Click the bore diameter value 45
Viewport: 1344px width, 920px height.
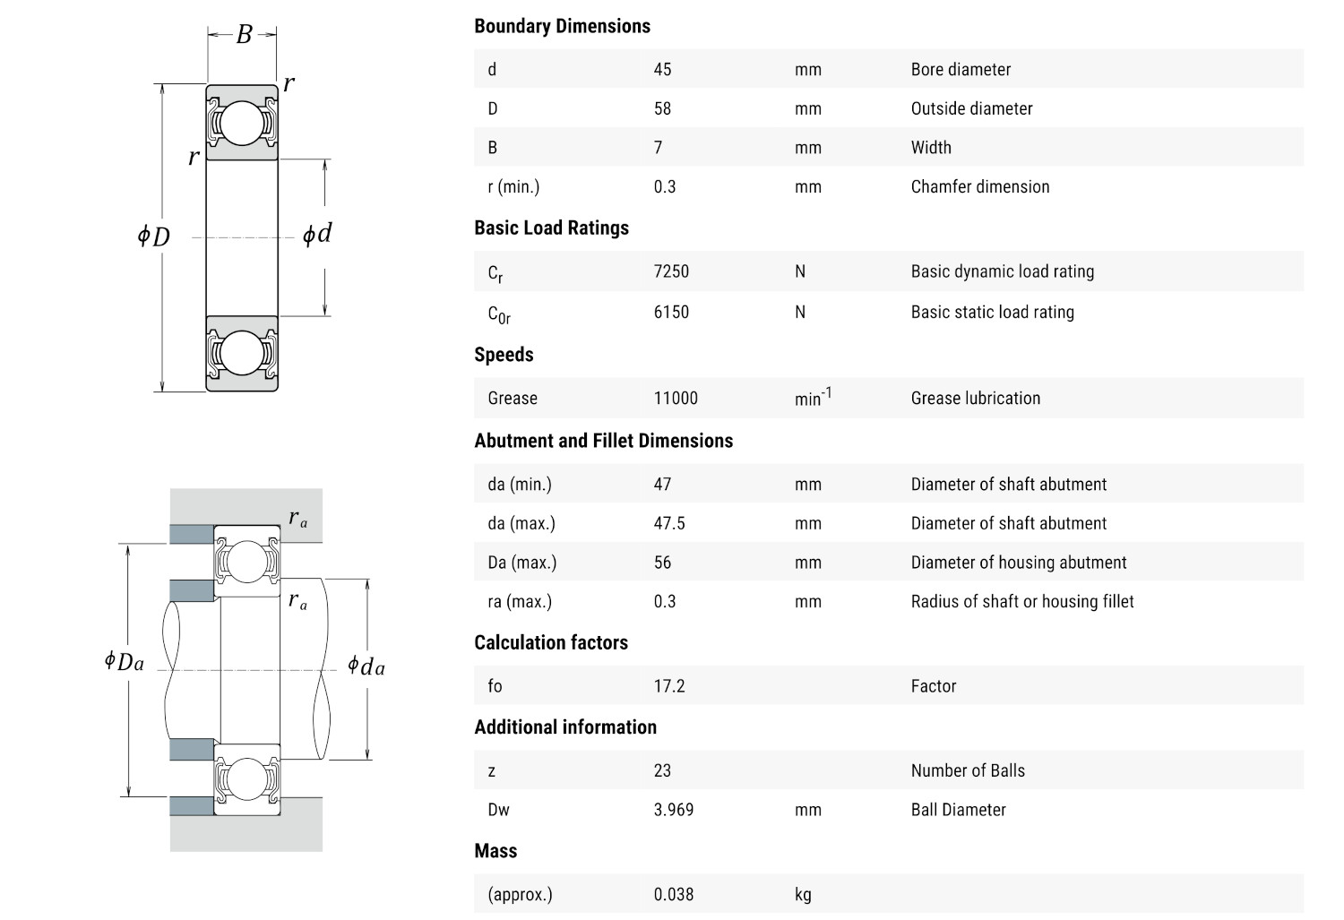click(662, 69)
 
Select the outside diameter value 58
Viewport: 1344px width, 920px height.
click(662, 108)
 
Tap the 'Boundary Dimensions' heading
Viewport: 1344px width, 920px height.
click(562, 26)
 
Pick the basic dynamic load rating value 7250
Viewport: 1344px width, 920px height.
click(671, 271)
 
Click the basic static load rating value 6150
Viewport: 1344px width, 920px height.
click(671, 312)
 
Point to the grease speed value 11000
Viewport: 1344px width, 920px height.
click(676, 398)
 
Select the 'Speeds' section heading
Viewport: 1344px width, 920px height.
click(504, 355)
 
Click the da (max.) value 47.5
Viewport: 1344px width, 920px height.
click(669, 523)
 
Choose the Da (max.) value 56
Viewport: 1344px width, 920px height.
click(662, 563)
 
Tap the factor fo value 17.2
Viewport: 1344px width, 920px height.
click(669, 686)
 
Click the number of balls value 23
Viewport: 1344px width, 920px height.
click(662, 770)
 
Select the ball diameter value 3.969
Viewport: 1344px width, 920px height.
click(674, 810)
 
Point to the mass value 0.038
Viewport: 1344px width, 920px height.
click(674, 894)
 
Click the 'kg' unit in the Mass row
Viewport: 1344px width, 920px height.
click(803, 894)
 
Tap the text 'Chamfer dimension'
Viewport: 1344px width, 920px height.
click(980, 186)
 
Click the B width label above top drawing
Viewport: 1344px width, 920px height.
click(244, 35)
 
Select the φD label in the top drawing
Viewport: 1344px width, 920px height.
click(153, 236)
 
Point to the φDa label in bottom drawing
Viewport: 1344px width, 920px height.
click(124, 662)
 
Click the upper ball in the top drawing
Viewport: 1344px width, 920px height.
click(242, 123)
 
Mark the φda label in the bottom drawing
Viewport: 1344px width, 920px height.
click(366, 666)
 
